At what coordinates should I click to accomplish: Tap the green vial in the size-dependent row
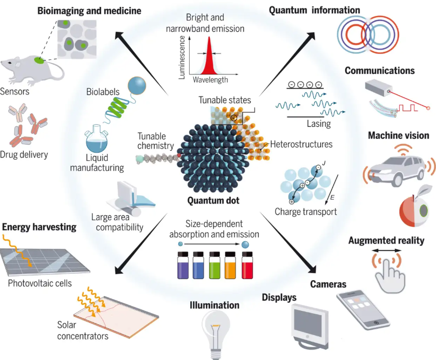click(x=214, y=265)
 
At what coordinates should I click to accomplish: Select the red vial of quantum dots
click(x=247, y=265)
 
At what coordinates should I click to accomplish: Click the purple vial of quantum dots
click(x=183, y=265)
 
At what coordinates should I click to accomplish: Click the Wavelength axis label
click(x=210, y=80)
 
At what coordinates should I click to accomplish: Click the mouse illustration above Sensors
click(x=32, y=70)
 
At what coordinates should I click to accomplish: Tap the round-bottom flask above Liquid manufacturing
click(x=96, y=138)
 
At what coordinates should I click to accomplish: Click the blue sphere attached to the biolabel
click(x=137, y=86)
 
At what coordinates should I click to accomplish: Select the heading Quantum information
click(x=314, y=10)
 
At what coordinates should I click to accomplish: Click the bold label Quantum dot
click(x=213, y=201)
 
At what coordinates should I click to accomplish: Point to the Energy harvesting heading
click(x=39, y=227)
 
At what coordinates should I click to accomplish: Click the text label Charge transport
click(x=306, y=212)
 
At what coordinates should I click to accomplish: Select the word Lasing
click(x=319, y=124)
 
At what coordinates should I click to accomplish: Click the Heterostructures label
click(x=301, y=144)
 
